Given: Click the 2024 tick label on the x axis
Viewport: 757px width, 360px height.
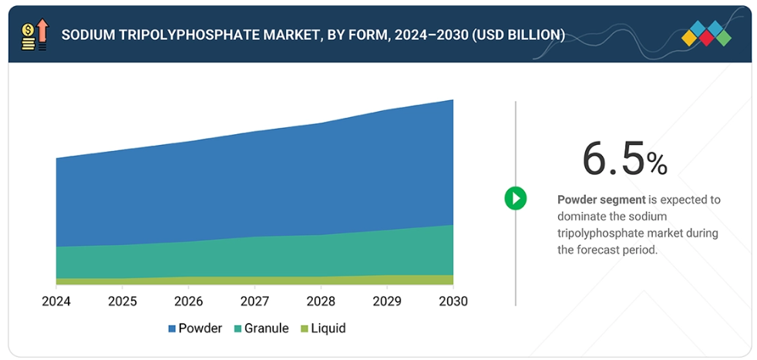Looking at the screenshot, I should click(56, 301).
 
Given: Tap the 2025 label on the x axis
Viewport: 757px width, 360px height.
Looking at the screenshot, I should click(123, 301).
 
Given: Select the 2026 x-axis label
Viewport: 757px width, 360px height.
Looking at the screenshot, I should click(189, 301).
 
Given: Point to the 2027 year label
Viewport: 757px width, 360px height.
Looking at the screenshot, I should click(255, 301).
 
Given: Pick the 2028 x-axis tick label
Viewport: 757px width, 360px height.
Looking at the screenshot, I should click(321, 301).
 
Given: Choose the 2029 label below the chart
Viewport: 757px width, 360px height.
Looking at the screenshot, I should click(387, 301).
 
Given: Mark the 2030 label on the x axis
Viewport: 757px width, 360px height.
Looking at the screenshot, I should click(453, 301).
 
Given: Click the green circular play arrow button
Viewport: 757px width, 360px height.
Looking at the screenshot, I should click(515, 198).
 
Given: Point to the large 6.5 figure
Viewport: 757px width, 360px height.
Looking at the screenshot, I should click(613, 160).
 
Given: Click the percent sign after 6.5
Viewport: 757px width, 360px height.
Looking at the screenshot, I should click(657, 163).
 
